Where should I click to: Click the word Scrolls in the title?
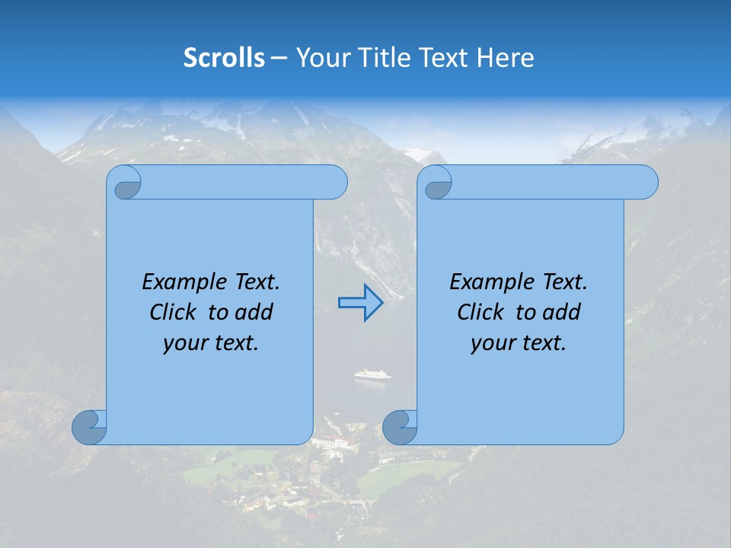pyautogui.click(x=225, y=58)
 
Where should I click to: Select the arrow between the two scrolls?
pyautogui.click(x=360, y=303)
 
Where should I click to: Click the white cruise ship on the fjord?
pyautogui.click(x=372, y=374)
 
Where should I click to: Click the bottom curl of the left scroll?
pyautogui.click(x=89, y=427)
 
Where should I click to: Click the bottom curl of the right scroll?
pyautogui.click(x=399, y=427)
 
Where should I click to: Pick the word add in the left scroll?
pyautogui.click(x=255, y=312)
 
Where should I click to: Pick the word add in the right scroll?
pyautogui.click(x=563, y=312)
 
